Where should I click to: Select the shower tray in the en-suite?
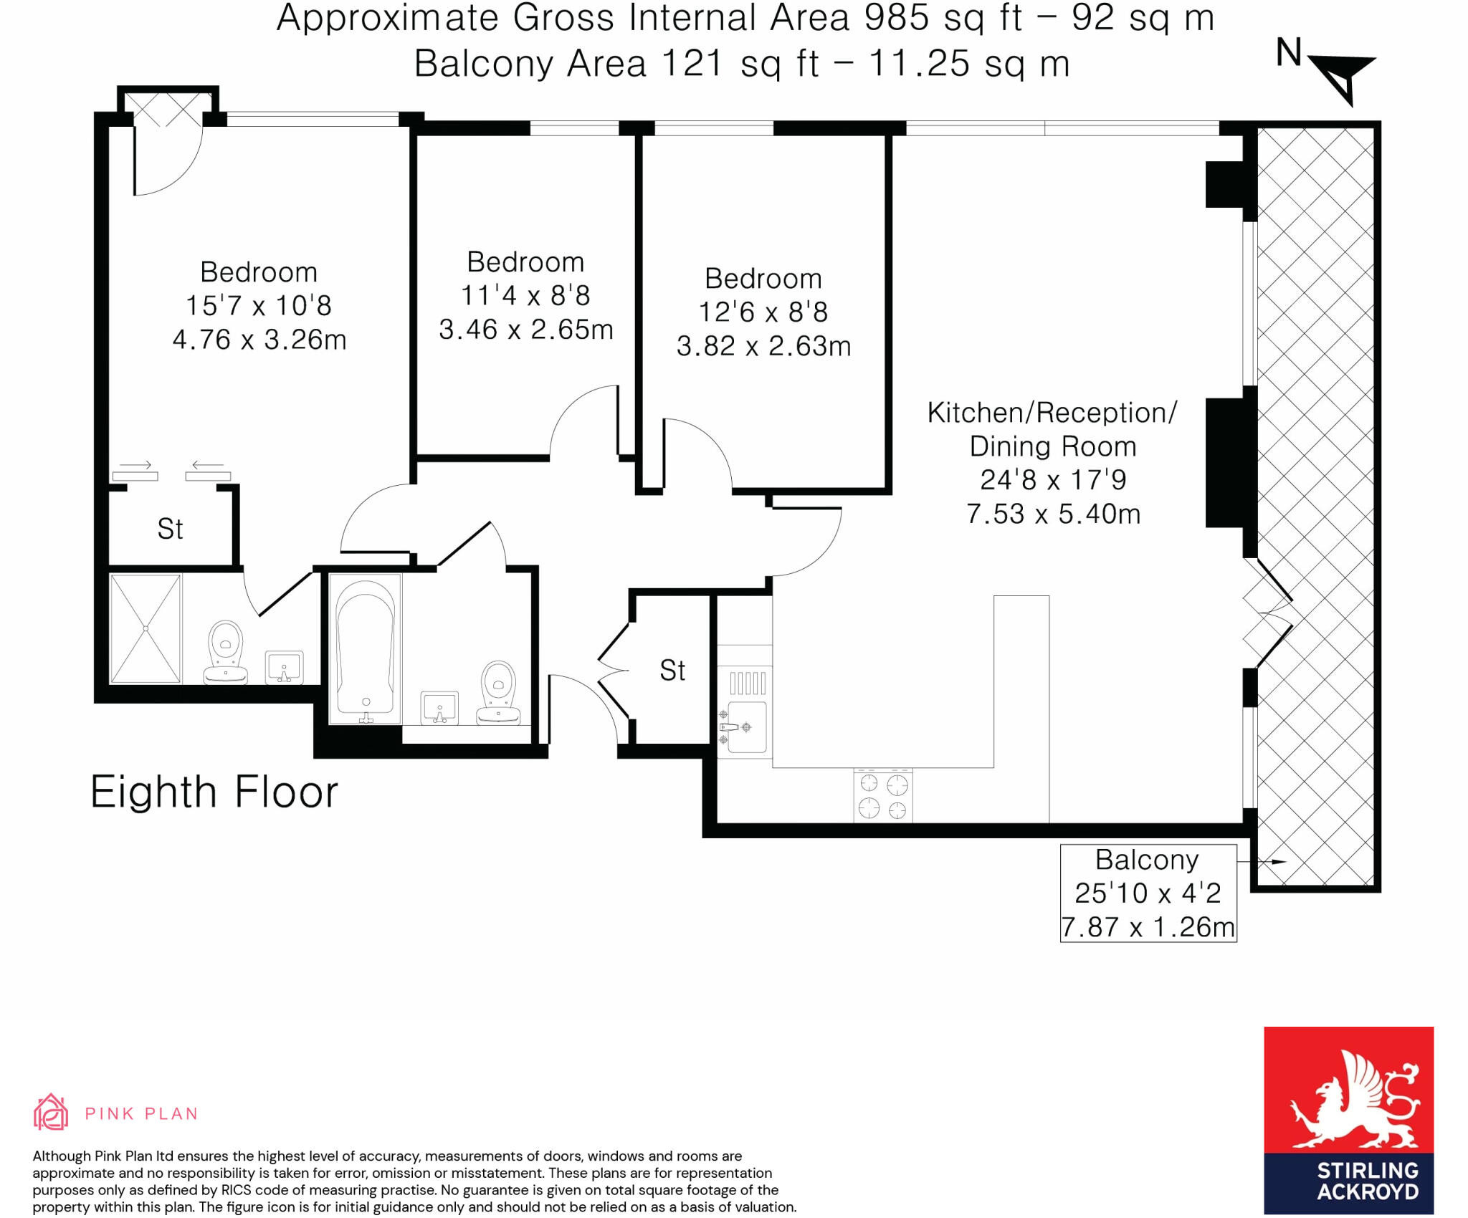click(x=146, y=628)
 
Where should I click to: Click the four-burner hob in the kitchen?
click(x=883, y=795)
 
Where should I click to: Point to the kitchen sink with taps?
click(x=745, y=727)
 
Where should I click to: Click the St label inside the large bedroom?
click(x=170, y=529)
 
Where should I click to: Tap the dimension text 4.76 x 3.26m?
click(x=259, y=340)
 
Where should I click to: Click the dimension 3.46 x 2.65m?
click(x=526, y=330)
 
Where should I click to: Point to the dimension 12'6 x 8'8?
click(x=763, y=312)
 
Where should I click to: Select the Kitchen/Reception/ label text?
click(x=1052, y=413)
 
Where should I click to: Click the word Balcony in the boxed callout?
click(x=1147, y=860)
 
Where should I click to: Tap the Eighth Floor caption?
click(x=214, y=792)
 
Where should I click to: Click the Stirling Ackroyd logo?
click(x=1348, y=1120)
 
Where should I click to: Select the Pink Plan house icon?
click(x=51, y=1112)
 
